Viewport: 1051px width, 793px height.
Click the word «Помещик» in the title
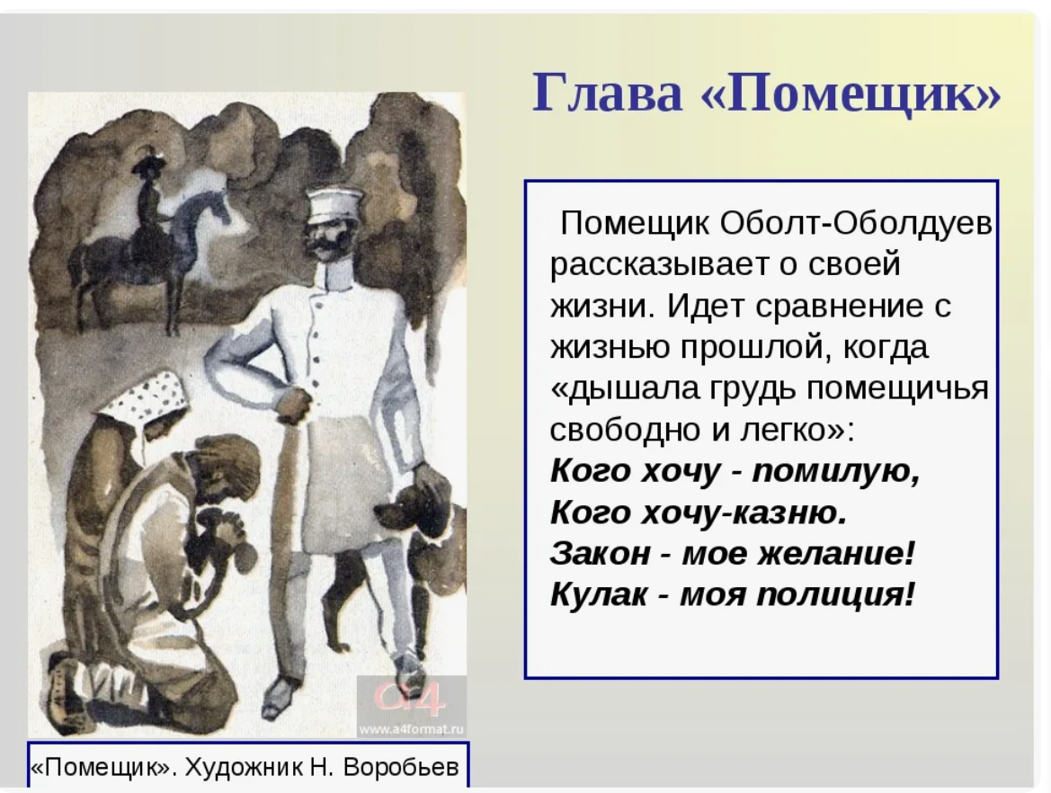(x=851, y=93)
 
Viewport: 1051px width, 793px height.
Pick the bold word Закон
(x=601, y=554)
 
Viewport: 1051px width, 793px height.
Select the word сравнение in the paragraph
(x=839, y=307)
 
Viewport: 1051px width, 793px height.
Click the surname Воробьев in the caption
(x=401, y=767)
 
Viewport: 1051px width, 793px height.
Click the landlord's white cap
(x=334, y=204)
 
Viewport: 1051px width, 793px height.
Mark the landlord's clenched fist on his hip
(x=294, y=405)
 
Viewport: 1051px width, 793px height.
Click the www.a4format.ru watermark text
(x=411, y=728)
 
